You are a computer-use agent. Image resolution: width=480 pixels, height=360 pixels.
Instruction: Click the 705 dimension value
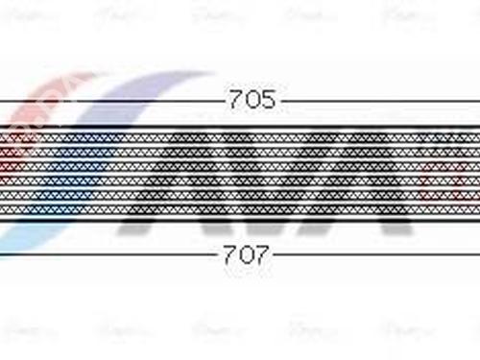pyautogui.click(x=251, y=99)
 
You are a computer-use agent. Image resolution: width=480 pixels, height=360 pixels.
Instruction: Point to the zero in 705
pyautogui.click(x=251, y=99)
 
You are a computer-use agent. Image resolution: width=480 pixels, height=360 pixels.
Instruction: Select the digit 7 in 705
pyautogui.click(x=235, y=99)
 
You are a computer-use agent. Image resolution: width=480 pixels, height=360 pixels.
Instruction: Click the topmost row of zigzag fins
pyautogui.click(x=240, y=125)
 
